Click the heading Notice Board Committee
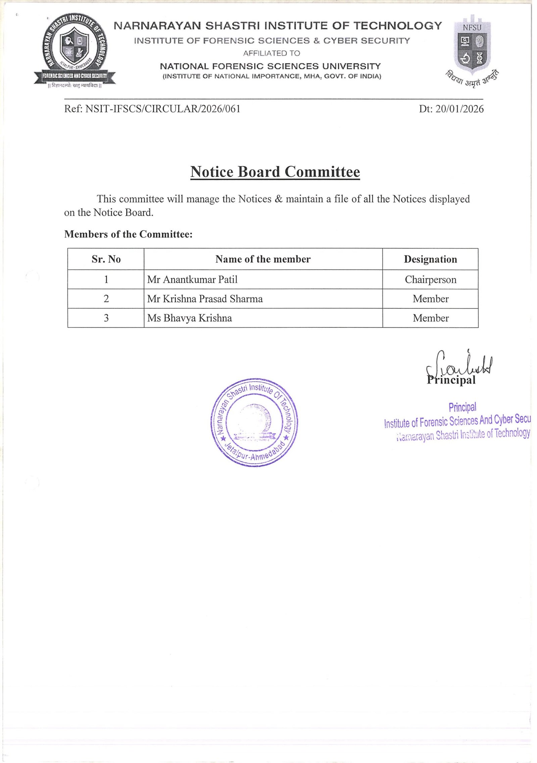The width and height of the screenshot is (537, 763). click(275, 172)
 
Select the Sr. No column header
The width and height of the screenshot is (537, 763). click(106, 259)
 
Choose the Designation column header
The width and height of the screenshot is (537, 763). click(430, 259)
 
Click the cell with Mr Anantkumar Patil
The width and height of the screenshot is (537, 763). click(192, 279)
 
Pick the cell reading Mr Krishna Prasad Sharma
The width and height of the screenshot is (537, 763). click(205, 299)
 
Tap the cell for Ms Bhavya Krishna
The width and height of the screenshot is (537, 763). click(190, 318)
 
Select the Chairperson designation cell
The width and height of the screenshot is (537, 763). click(430, 279)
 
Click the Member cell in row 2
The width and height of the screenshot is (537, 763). click(430, 299)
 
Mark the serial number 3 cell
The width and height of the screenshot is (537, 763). click(106, 318)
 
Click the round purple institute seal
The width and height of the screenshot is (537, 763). click(254, 422)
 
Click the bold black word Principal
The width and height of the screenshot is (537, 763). click(452, 380)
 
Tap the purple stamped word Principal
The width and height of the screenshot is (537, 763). click(462, 407)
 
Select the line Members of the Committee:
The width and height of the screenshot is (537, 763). click(128, 234)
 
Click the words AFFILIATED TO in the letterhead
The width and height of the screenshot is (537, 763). click(272, 53)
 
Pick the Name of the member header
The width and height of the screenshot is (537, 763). click(263, 259)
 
